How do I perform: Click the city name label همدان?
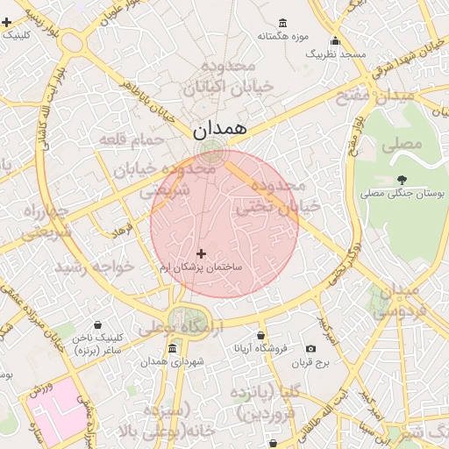(x=220, y=129)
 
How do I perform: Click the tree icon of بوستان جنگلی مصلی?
(x=402, y=178)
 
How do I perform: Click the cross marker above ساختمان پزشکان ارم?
(x=201, y=253)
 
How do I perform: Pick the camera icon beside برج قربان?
(x=310, y=348)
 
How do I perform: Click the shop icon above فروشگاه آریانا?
(x=261, y=336)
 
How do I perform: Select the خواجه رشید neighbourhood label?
(x=95, y=265)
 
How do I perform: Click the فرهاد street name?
(x=120, y=232)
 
